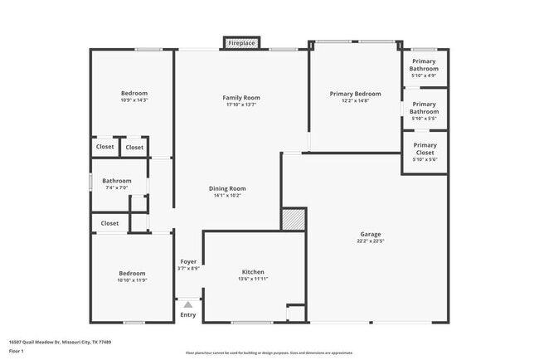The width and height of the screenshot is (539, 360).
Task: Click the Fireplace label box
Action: [241, 42]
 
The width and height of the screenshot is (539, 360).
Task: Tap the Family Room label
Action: [241, 98]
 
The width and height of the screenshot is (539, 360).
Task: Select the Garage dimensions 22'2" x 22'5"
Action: [370, 241]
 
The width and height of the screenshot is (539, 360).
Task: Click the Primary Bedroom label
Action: [355, 94]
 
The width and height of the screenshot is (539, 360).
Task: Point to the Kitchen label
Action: [253, 272]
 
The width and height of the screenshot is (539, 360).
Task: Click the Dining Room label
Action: [226, 188]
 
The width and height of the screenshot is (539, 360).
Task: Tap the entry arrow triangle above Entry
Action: [188, 304]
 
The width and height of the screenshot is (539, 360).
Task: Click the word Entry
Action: [188, 315]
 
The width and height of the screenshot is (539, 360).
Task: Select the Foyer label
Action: [188, 262]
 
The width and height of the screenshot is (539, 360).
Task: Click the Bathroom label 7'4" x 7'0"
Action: [117, 181]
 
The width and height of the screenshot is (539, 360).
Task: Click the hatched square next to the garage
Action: [294, 219]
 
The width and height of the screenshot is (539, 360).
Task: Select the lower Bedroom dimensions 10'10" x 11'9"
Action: [131, 280]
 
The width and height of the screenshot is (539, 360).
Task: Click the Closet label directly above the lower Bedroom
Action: [109, 223]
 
